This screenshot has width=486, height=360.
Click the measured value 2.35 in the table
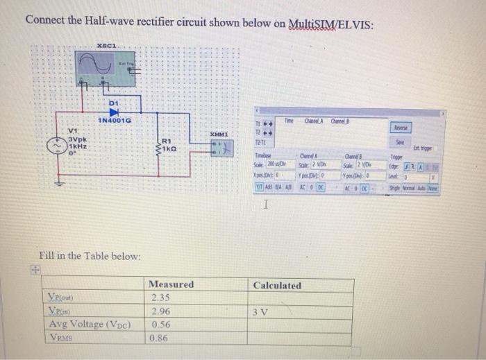click(x=160, y=298)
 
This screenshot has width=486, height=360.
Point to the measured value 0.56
click(x=160, y=325)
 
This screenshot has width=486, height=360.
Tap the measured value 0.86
click(x=160, y=338)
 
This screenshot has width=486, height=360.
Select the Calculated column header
click(x=277, y=285)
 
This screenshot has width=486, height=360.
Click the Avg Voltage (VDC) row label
click(x=94, y=325)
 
